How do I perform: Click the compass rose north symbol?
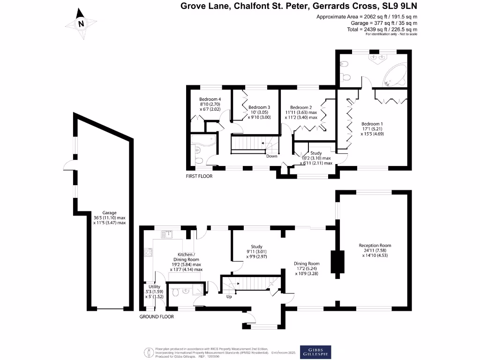pos(82,23)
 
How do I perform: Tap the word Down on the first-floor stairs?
pos(271,156)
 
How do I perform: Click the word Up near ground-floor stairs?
pos(229,296)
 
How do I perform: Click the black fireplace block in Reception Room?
pos(337,262)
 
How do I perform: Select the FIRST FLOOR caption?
pos(199,176)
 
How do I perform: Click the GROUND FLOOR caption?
pos(157,316)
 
